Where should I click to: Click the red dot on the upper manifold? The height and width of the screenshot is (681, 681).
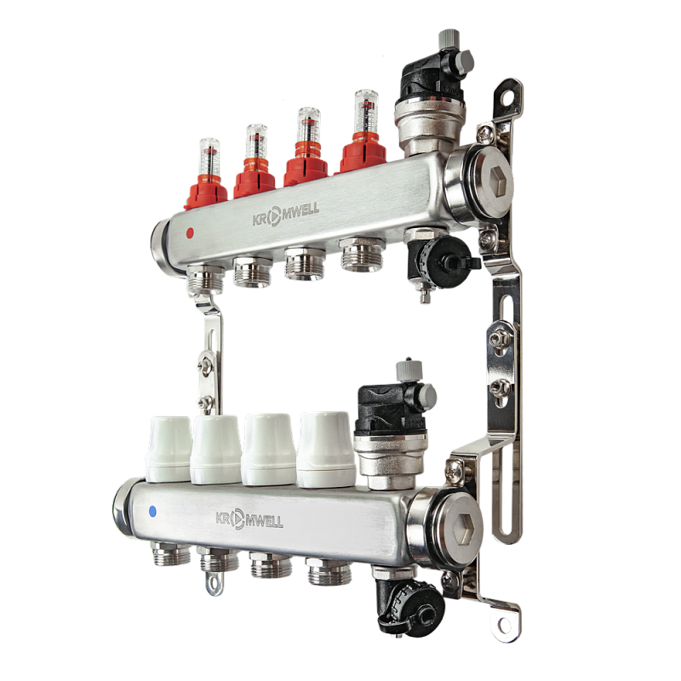(190, 233)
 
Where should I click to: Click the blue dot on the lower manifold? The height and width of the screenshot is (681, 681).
(152, 512)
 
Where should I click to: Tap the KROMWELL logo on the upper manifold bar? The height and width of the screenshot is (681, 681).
(286, 214)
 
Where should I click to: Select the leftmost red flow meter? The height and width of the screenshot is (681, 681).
(207, 176)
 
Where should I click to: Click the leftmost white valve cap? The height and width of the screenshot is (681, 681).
(170, 449)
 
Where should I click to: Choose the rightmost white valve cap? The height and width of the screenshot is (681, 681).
(327, 449)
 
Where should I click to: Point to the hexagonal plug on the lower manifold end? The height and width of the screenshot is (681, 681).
(467, 529)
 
